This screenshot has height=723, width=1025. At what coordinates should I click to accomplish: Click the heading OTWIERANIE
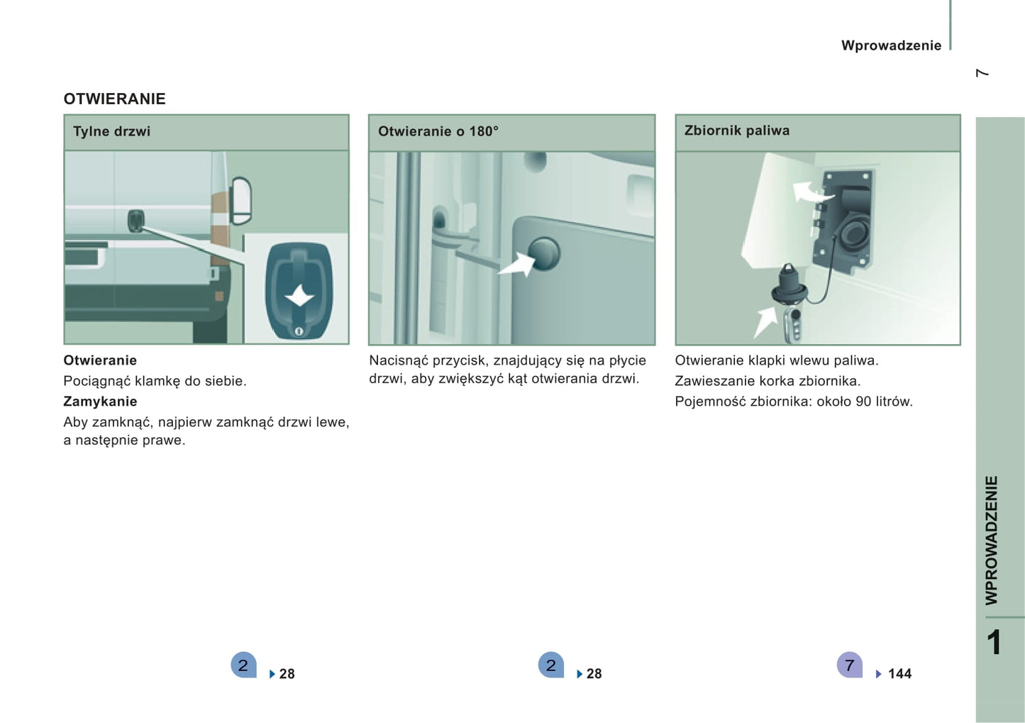click(x=114, y=99)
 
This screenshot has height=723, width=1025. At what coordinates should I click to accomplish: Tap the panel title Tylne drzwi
click(x=111, y=131)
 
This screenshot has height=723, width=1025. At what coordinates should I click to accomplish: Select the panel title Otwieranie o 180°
click(x=438, y=131)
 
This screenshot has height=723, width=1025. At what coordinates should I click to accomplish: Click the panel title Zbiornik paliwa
click(x=737, y=131)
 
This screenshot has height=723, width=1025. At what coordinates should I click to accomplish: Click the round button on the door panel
click(x=543, y=253)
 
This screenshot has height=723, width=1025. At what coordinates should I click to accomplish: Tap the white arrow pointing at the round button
click(x=517, y=265)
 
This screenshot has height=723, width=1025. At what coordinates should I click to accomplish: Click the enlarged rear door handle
click(x=299, y=292)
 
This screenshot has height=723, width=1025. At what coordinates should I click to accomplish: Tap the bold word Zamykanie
click(x=100, y=402)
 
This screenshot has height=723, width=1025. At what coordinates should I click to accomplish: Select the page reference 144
click(x=899, y=673)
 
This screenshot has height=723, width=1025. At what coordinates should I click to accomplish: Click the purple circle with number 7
click(x=850, y=665)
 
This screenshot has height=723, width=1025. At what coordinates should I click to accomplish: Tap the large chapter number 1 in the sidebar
click(x=994, y=642)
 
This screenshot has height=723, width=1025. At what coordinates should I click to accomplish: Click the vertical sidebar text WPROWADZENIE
click(x=992, y=541)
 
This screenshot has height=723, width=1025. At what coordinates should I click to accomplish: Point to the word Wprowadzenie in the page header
click(x=892, y=45)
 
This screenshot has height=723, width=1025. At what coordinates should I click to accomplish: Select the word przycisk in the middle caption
click(x=458, y=360)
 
